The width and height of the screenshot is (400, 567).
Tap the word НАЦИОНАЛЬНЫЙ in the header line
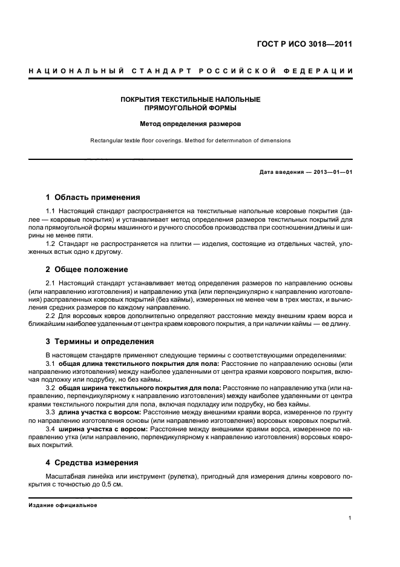coord(69,71)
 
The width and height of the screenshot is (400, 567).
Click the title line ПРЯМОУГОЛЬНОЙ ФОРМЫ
coord(191,108)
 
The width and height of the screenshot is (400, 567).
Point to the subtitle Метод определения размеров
coord(191,124)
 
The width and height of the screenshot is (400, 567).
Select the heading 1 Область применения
coord(93,197)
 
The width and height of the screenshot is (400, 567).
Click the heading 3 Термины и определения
coord(100,342)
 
